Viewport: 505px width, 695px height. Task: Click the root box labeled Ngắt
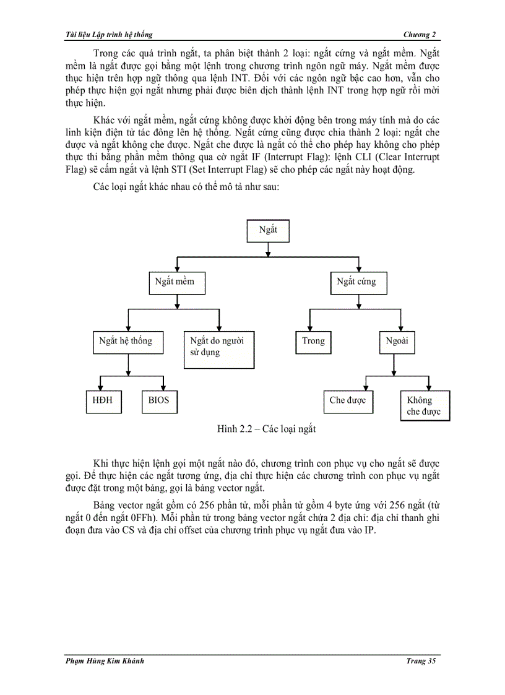(x=267, y=230)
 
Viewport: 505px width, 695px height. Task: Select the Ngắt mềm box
(x=177, y=282)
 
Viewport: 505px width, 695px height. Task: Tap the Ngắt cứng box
(x=356, y=282)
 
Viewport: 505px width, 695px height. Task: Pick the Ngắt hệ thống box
(x=126, y=342)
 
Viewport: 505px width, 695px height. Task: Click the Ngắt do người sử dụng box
(x=218, y=350)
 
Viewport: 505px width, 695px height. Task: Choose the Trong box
(x=313, y=342)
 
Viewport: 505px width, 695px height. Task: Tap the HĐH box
(x=103, y=401)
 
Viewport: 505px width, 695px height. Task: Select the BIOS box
(x=159, y=401)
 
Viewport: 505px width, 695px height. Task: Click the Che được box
(x=348, y=401)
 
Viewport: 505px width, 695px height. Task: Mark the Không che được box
(x=424, y=406)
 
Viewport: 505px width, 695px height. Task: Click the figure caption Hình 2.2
(x=266, y=429)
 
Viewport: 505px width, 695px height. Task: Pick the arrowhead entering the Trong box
(x=309, y=328)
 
